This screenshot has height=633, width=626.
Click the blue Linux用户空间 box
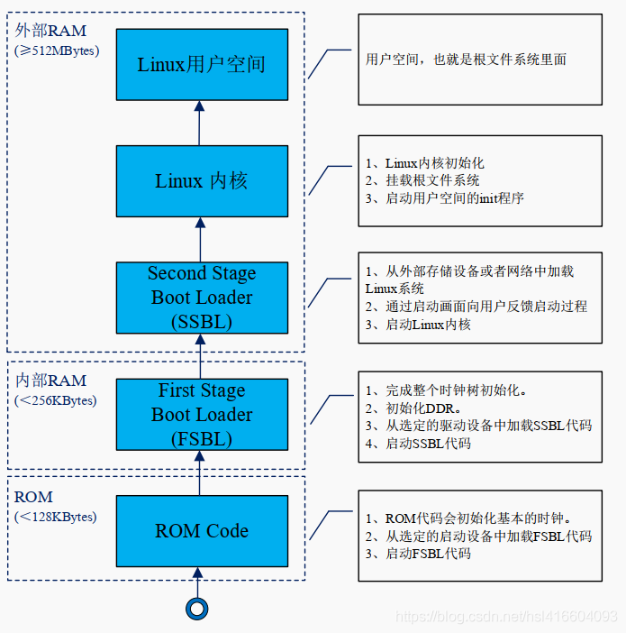202,65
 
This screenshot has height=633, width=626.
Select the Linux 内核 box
202,181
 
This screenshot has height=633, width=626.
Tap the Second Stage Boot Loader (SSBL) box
202,298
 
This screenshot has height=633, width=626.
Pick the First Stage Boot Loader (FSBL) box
202,415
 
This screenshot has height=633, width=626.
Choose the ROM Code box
202,531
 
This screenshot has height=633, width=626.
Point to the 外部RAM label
50,31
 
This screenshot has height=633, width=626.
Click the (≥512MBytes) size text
57,50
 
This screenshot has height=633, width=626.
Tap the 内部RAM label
50,381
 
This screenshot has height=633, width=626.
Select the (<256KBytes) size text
56,400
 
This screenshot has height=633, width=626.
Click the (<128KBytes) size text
56,517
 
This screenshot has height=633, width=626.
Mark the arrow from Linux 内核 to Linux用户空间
199,124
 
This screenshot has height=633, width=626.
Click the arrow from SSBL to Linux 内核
201,240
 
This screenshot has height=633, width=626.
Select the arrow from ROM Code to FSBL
200,473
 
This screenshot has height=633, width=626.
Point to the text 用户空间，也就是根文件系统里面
466,60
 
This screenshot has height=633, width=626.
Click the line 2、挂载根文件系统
422,180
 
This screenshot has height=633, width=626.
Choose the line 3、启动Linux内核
418,325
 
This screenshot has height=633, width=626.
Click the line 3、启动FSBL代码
418,554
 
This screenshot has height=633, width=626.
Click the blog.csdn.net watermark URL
506,617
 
